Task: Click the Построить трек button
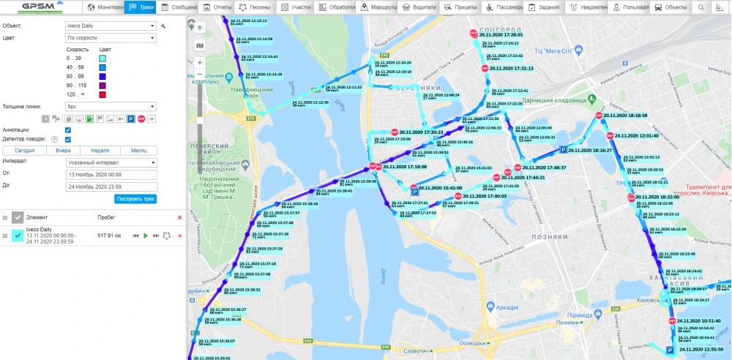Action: tap(135, 199)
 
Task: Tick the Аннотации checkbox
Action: tap(67, 130)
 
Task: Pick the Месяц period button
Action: tap(138, 150)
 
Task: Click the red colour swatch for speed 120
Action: tap(102, 94)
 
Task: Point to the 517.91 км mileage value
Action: tap(108, 236)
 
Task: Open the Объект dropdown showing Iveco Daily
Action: tap(110, 26)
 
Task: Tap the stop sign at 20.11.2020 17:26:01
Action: tap(474, 34)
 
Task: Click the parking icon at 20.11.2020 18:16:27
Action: tap(563, 150)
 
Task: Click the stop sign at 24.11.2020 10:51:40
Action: tap(671, 320)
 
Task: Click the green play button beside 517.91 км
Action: tap(146, 236)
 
